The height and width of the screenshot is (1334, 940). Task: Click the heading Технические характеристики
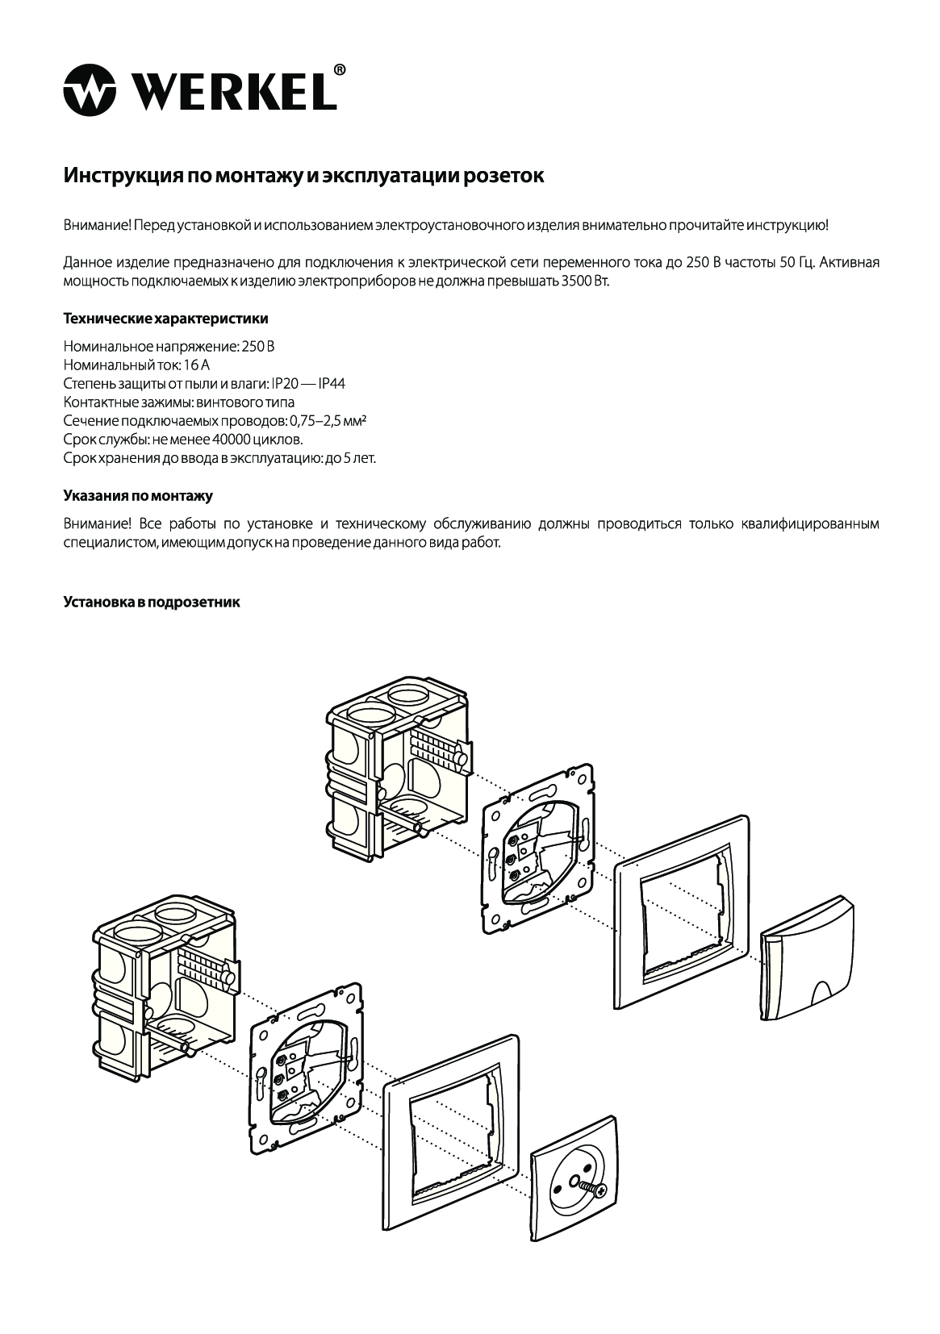tap(165, 319)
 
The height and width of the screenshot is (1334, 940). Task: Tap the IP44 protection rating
tap(332, 384)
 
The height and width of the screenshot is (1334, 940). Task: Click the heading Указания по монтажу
tap(138, 494)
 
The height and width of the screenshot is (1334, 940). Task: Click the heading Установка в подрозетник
tap(152, 602)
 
